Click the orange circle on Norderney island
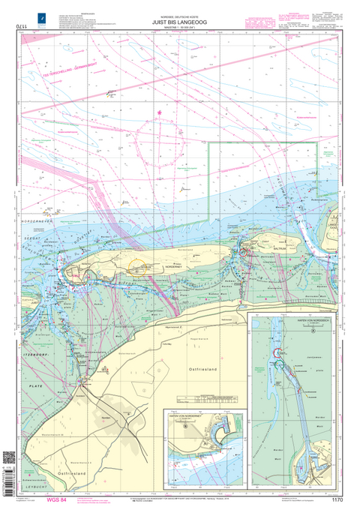tap(137, 266)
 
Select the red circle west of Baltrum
tap(242, 253)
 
